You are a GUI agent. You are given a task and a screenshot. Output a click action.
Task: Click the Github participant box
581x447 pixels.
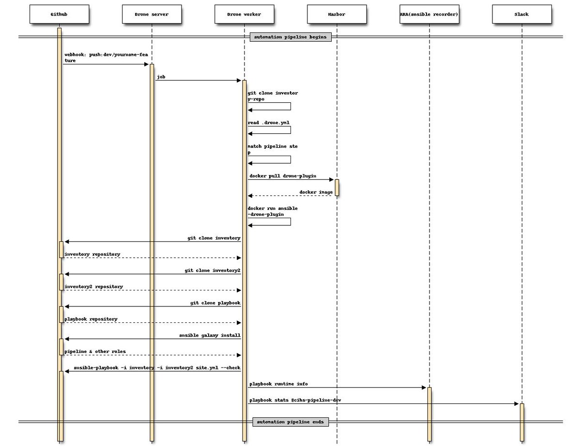pyautogui.click(x=59, y=14)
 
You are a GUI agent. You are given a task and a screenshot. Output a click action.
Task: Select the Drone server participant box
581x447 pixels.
pyautogui.click(x=152, y=14)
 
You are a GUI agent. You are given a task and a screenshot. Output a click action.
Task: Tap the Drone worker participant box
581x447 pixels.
pyautogui.click(x=244, y=14)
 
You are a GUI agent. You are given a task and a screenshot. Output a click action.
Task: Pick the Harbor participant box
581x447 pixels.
pyautogui.click(x=336, y=14)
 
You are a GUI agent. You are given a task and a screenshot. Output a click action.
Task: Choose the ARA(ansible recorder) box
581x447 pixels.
pyautogui.click(x=429, y=14)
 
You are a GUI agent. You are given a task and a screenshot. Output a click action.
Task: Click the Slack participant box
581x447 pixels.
pyautogui.click(x=521, y=14)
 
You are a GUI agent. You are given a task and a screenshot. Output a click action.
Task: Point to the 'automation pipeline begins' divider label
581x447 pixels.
pyautogui.click(x=290, y=37)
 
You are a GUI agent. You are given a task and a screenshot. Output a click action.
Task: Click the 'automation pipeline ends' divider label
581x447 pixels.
pyautogui.click(x=290, y=422)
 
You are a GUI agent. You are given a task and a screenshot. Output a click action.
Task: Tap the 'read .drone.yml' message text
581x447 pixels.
pyautogui.click(x=269, y=123)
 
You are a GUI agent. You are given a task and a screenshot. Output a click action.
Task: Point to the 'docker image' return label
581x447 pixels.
pyautogui.click(x=316, y=192)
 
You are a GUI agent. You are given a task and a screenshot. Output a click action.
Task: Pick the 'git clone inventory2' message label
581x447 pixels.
pyautogui.click(x=213, y=270)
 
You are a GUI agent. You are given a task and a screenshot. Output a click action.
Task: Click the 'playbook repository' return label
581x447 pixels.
pyautogui.click(x=91, y=319)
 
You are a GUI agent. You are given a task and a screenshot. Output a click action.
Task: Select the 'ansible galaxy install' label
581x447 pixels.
pyautogui.click(x=210, y=335)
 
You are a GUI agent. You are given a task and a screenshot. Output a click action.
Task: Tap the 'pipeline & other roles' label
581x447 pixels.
pyautogui.click(x=95, y=351)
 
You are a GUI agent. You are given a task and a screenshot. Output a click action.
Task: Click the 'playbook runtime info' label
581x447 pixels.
pyautogui.click(x=278, y=384)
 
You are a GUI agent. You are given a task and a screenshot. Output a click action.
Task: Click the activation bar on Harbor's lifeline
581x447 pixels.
pyautogui.click(x=336, y=188)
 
